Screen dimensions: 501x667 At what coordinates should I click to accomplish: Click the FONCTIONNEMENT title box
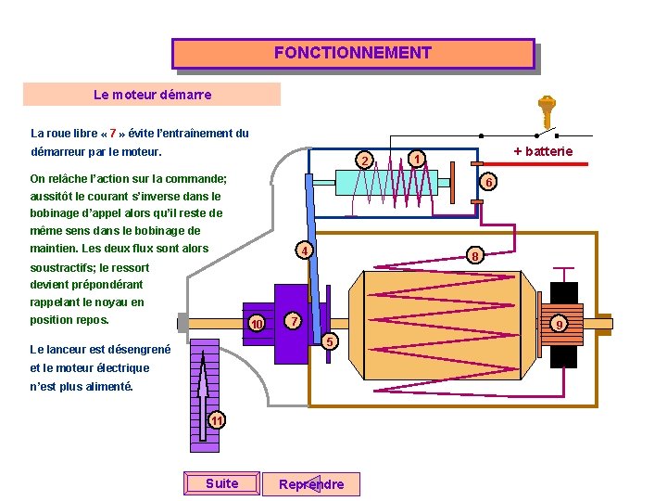tap(353, 53)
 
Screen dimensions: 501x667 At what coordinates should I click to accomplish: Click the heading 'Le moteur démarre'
tap(152, 95)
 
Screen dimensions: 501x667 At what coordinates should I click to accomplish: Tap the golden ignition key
tap(547, 111)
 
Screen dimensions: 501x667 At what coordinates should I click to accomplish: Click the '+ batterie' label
tap(543, 151)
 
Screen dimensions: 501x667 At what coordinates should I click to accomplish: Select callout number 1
tap(418, 159)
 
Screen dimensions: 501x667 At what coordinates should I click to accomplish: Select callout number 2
tap(366, 162)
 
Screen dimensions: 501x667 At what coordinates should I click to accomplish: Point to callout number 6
tap(490, 182)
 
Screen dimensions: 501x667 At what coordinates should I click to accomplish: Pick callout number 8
tap(473, 256)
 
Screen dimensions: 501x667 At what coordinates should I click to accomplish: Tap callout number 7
tap(292, 321)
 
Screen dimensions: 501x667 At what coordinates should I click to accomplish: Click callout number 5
tap(329, 342)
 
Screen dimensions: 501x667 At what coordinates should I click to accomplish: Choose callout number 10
tap(257, 323)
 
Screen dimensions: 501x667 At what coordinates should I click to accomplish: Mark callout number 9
tap(559, 324)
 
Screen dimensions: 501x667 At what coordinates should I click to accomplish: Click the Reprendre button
tap(311, 483)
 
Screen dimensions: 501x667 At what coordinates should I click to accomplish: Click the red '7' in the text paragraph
tap(113, 133)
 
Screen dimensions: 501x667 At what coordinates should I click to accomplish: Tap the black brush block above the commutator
tap(564, 293)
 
